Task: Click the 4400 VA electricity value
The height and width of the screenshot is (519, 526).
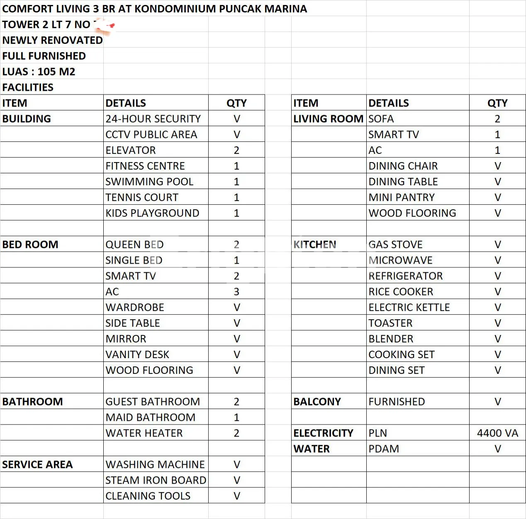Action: click(x=497, y=433)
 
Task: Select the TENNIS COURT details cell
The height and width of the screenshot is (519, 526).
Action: click(x=142, y=197)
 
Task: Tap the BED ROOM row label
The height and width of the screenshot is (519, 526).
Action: click(x=30, y=245)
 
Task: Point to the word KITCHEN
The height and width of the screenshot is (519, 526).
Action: click(x=314, y=245)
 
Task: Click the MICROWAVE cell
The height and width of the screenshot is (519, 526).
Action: click(x=400, y=260)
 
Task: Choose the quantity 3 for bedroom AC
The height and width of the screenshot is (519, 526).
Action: click(x=236, y=292)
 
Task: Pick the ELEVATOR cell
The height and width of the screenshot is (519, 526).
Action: click(x=131, y=150)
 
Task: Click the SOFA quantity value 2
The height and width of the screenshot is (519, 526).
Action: click(x=497, y=119)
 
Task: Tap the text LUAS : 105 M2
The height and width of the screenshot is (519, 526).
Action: click(x=39, y=72)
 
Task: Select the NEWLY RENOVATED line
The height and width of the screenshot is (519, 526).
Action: click(x=52, y=40)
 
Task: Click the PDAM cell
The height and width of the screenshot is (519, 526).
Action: click(x=384, y=449)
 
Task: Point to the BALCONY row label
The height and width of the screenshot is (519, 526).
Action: click(x=317, y=402)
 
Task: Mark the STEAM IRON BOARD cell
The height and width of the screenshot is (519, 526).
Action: click(x=156, y=480)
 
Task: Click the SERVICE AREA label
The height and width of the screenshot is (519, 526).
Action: click(x=37, y=465)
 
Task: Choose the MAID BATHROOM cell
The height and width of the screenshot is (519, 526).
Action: click(x=150, y=417)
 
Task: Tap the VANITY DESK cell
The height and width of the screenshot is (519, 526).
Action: click(x=137, y=354)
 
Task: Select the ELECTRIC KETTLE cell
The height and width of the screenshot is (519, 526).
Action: click(x=409, y=307)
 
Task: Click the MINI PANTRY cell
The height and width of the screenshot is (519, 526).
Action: click(x=402, y=197)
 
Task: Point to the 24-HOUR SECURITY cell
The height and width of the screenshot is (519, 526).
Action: click(x=153, y=119)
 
